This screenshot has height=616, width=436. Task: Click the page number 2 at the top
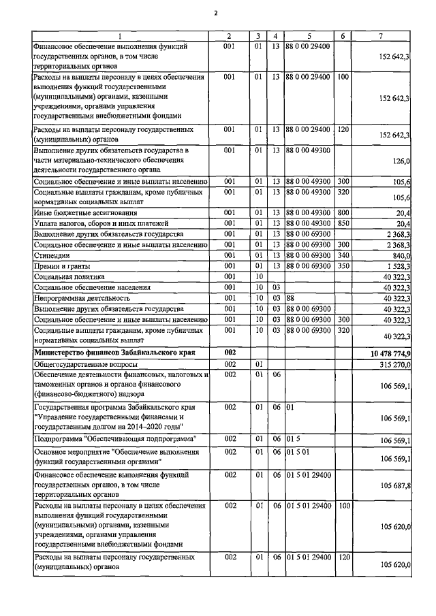pos(217,13)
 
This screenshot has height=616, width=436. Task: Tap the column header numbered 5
pos(309,35)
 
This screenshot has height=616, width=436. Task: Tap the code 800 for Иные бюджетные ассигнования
pos(343,212)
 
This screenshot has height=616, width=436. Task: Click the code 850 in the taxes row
pos(343,223)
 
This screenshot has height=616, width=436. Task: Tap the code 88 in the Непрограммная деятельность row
pos(290,297)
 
